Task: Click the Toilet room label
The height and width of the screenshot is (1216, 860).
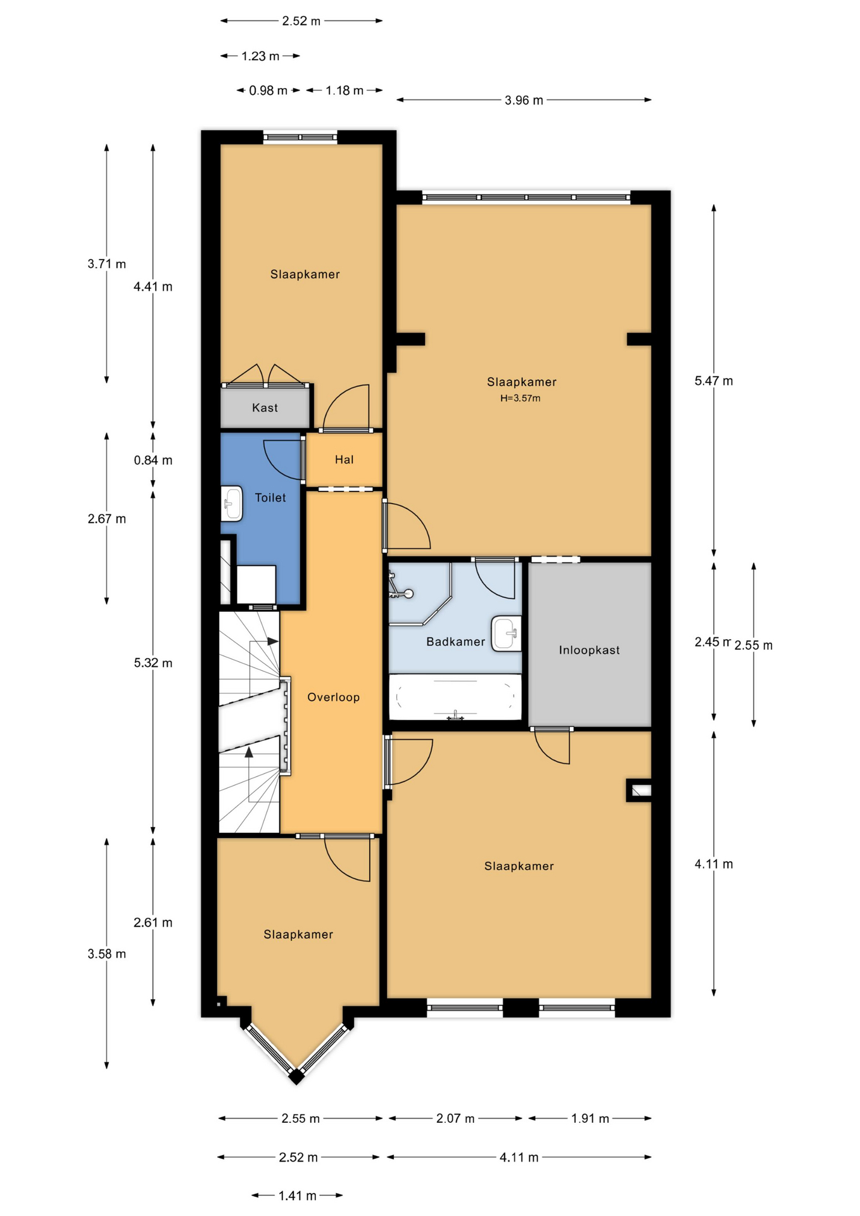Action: (270, 498)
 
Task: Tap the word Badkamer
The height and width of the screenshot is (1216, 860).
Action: (456, 642)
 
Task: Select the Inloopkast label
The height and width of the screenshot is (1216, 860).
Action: (589, 650)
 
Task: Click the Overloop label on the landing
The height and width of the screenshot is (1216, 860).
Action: (333, 697)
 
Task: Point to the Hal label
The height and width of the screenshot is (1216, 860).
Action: (344, 460)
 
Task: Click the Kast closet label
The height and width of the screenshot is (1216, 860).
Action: (265, 408)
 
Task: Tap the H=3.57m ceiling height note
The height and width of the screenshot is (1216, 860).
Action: (521, 398)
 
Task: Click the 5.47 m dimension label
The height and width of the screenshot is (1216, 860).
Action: (714, 381)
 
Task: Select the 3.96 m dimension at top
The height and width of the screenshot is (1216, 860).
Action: (524, 100)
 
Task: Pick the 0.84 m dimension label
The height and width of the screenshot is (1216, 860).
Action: (153, 460)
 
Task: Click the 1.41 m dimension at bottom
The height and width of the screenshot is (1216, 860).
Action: (297, 1196)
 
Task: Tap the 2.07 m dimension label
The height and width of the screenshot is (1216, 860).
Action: (455, 1118)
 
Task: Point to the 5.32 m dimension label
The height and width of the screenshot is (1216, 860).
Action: (153, 663)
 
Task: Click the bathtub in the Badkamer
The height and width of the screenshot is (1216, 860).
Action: (455, 697)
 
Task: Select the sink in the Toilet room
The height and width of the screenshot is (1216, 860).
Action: (231, 503)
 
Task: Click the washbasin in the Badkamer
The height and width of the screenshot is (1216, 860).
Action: (507, 633)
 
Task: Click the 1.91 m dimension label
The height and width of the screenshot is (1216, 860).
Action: (590, 1118)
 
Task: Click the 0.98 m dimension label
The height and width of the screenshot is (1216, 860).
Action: (268, 91)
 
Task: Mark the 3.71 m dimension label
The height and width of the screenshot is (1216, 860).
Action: (106, 264)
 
